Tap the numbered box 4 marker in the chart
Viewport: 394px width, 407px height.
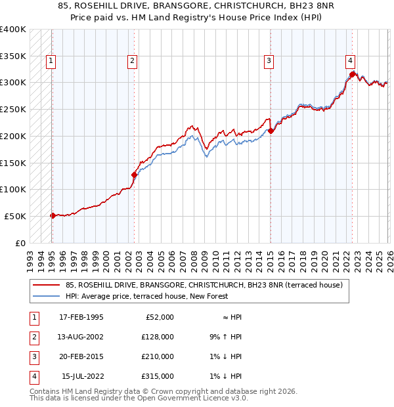coord(350,61)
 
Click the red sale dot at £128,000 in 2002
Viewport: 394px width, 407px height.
coord(134,175)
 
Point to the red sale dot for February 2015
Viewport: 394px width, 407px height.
coord(271,131)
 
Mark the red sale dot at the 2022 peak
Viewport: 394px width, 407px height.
coord(353,74)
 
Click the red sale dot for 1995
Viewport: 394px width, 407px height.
coord(53,215)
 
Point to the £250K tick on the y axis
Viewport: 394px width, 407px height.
coord(13,109)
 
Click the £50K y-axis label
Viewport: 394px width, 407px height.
coord(15,216)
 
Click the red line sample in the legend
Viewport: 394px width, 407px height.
coord(46,286)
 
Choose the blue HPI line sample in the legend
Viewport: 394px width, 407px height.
coord(46,296)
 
